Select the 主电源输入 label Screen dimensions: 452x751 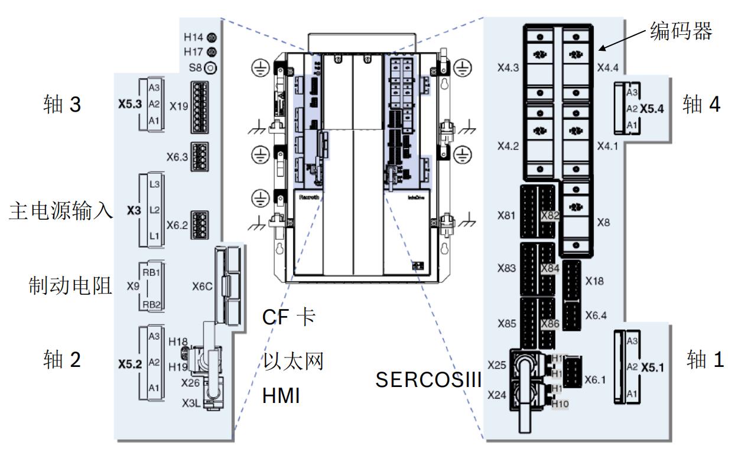[x=61, y=211]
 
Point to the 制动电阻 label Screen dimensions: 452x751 [x=70, y=287]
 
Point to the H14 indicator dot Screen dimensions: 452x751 [x=212, y=37]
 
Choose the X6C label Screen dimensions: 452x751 [x=202, y=287]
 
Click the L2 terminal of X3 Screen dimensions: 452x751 [x=154, y=210]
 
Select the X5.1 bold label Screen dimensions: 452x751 [x=653, y=367]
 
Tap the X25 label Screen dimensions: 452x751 [x=497, y=365]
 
